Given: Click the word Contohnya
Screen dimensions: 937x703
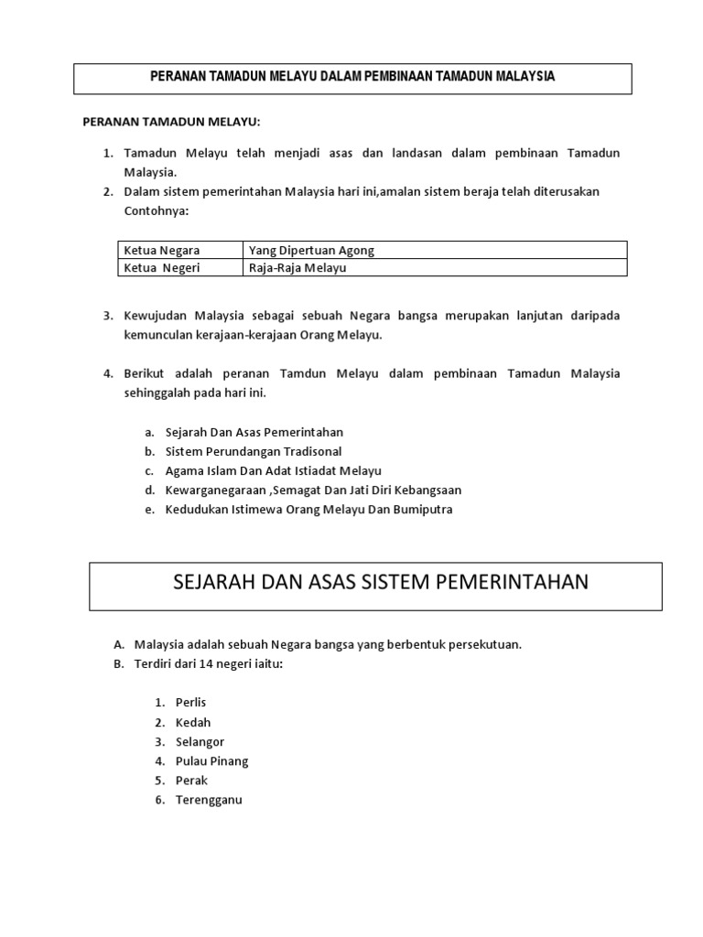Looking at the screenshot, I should coord(156,210).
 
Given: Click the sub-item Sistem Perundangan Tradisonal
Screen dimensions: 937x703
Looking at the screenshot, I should coord(254,451).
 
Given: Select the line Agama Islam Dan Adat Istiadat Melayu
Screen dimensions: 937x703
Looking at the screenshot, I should coord(273,470).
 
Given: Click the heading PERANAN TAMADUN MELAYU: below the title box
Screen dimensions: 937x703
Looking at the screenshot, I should coord(172,121).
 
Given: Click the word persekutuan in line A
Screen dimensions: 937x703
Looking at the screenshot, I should coord(485,644).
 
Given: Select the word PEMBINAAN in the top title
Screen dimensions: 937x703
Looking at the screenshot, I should coord(372,77).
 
